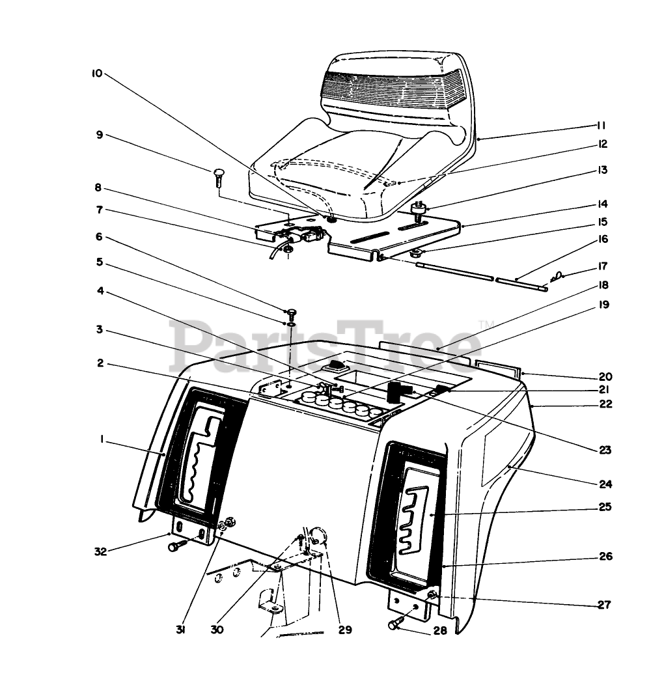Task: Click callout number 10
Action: pos(96,74)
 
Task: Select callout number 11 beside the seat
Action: pos(601,125)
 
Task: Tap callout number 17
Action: pos(602,266)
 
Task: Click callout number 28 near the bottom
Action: pos(439,632)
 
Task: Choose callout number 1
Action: pos(102,440)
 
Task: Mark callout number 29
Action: pos(344,630)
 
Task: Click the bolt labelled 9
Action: pos(218,175)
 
